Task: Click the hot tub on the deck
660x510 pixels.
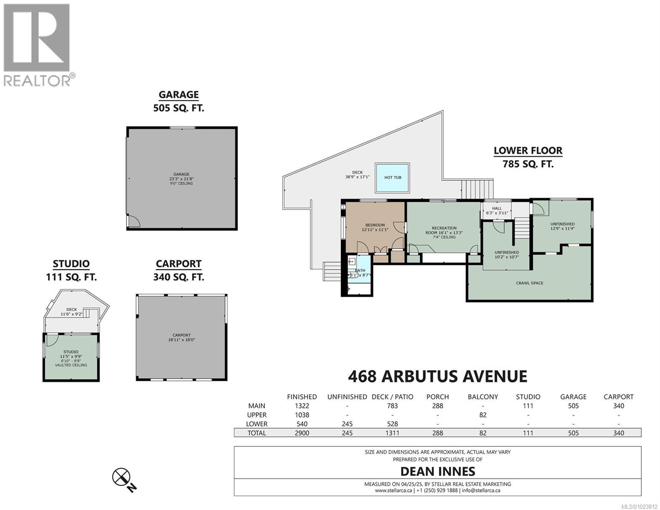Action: click(x=392, y=177)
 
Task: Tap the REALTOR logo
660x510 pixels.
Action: click(x=37, y=45)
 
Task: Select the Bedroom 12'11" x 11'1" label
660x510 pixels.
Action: click(x=375, y=227)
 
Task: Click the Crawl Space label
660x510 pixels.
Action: click(x=530, y=283)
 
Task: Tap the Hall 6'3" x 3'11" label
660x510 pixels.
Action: click(x=497, y=211)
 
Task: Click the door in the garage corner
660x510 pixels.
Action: click(x=133, y=221)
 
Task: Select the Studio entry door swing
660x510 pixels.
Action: click(x=52, y=340)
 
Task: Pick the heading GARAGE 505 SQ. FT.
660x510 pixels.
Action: click(x=178, y=101)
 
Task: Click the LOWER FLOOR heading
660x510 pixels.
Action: click(x=528, y=150)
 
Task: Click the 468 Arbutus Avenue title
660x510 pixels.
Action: click(x=437, y=376)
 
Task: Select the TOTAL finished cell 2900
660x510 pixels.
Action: click(x=302, y=433)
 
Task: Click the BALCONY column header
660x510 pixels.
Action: click(x=483, y=397)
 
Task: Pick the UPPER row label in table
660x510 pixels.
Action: click(x=257, y=415)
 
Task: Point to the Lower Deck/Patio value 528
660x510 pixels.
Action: click(x=392, y=424)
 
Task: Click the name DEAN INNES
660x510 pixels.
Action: click(x=437, y=471)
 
